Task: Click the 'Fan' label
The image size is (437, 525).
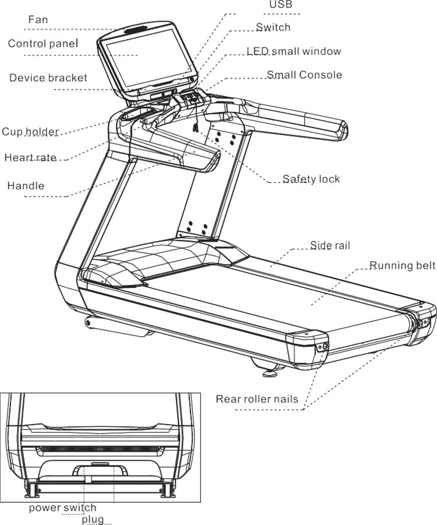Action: [38, 19]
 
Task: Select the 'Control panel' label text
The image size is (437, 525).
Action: [43, 44]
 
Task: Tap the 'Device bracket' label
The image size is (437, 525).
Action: [48, 77]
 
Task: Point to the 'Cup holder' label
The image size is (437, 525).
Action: [30, 132]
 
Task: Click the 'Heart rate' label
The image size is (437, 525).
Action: [30, 157]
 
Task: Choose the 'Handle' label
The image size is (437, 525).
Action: [26, 185]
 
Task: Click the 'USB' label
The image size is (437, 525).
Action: [281, 4]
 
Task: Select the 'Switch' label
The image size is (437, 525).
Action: [273, 27]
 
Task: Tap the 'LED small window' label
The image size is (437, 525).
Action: [294, 51]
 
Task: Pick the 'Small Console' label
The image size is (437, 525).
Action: [304, 75]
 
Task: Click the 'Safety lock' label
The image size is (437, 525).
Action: [311, 179]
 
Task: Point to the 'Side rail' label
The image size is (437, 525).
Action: [330, 245]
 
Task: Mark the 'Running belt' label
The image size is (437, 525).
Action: [402, 266]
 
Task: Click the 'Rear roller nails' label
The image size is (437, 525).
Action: [257, 399]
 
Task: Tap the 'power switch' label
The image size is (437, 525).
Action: [62, 508]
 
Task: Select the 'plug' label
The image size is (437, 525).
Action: [93, 520]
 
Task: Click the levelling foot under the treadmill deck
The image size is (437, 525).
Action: [270, 372]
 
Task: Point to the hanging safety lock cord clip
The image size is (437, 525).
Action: [195, 127]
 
